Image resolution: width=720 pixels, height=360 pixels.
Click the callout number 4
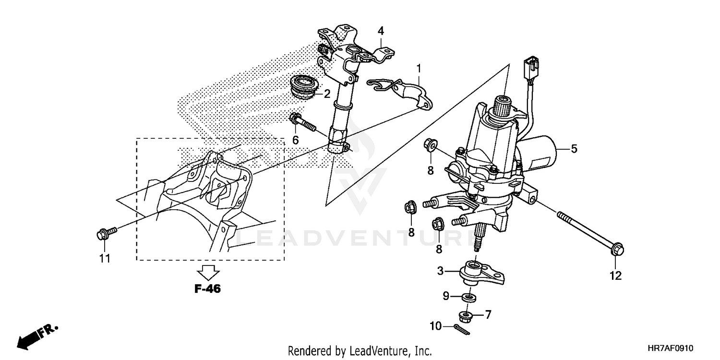(x=381, y=31)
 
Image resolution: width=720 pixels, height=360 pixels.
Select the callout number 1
(x=419, y=69)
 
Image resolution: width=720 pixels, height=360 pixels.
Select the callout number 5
(x=574, y=149)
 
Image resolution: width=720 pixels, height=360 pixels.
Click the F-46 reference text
(x=208, y=289)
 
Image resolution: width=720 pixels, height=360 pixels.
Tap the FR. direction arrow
(x=36, y=336)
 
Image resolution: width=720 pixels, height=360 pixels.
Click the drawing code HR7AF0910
(x=671, y=348)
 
